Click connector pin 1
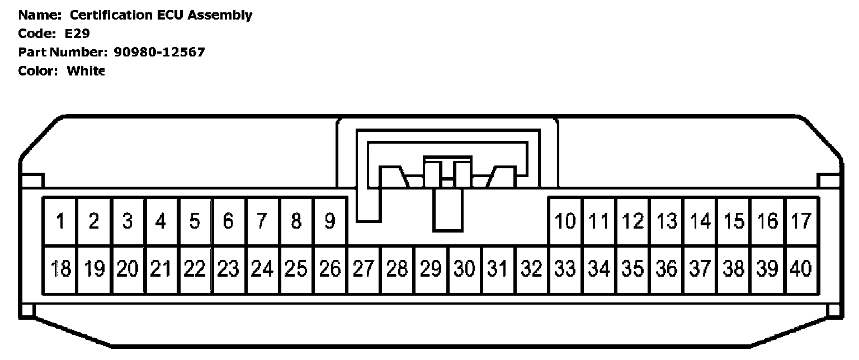tap(60, 222)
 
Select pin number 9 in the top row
tap(330, 222)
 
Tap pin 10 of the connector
tap(565, 222)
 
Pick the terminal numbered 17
tap(801, 222)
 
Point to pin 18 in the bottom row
tap(60, 269)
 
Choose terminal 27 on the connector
tap(364, 269)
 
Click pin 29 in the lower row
tap(431, 269)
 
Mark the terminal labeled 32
tap(532, 269)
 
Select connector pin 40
tap(801, 269)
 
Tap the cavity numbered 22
tap(195, 269)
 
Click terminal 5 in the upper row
tap(195, 222)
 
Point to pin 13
tap(667, 222)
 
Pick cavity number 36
tap(667, 269)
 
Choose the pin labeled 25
tap(296, 269)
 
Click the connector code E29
tap(77, 34)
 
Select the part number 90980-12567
tap(159, 53)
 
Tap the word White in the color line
tap(86, 71)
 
